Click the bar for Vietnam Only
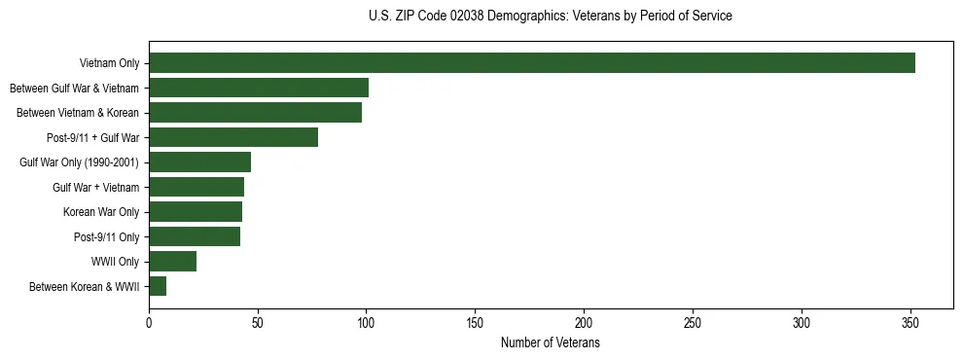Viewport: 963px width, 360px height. [532, 63]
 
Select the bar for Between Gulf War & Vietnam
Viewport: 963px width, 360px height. [259, 88]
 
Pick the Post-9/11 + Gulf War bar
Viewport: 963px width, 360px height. [233, 137]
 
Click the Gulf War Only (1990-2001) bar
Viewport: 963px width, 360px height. [199, 162]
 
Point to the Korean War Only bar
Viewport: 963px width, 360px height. [196, 212]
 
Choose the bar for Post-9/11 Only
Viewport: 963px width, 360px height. [195, 236]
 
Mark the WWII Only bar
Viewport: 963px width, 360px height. [172, 262]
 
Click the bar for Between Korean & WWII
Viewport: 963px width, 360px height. [158, 286]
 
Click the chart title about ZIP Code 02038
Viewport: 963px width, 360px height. [551, 17]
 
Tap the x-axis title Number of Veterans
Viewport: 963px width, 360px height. [551, 343]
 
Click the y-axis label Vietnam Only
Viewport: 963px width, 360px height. [109, 64]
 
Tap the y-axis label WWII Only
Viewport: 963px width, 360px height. [115, 262]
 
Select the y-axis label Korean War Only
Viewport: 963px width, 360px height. [101, 212]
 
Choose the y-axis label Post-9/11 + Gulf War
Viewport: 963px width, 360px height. [93, 138]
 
